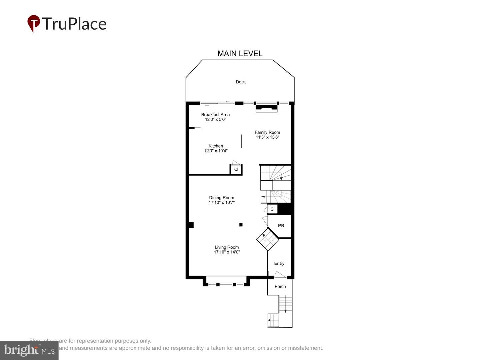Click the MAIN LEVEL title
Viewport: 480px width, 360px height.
coord(240,54)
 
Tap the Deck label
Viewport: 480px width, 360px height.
coord(241,82)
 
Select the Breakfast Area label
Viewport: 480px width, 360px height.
coord(215,115)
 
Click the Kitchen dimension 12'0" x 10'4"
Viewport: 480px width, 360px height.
coord(216,151)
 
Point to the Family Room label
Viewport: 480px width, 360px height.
coord(267,132)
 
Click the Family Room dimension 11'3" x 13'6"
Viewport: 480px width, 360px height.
coord(267,137)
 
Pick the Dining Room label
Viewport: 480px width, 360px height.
coord(222,198)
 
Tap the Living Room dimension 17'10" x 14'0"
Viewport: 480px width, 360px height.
coord(227,252)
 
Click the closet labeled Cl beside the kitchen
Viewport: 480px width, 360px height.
coord(236,169)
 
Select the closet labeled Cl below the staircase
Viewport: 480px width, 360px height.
coord(272,209)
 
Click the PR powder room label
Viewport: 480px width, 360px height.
coord(281,226)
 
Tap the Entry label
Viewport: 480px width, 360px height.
coord(279,263)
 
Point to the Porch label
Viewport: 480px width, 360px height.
coord(280,286)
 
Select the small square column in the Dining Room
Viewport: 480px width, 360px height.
coord(241,225)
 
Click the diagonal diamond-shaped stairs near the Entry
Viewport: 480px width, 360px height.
coord(268,239)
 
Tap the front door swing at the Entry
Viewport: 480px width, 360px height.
coord(280,275)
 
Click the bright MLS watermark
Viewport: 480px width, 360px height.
coord(29,350)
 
